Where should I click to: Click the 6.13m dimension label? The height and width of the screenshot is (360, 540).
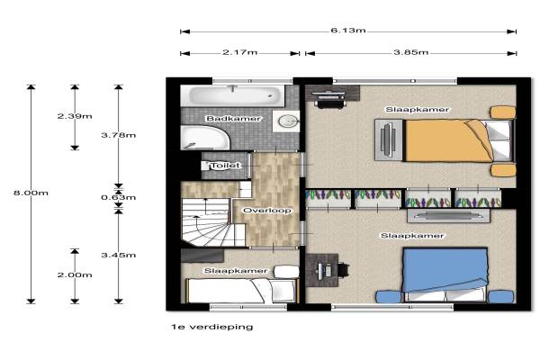click(x=347, y=31)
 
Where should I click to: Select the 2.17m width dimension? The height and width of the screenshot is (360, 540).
click(x=239, y=52)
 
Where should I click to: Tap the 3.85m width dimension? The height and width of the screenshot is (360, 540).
click(x=411, y=52)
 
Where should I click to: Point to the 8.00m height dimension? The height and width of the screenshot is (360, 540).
click(x=31, y=193)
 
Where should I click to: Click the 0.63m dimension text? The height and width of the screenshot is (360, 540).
click(x=118, y=197)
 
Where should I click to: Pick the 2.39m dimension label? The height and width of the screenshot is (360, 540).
click(x=75, y=116)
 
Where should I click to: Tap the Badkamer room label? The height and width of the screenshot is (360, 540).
click(x=233, y=119)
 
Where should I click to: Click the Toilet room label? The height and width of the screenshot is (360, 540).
click(x=226, y=166)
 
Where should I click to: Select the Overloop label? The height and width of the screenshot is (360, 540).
click(x=267, y=210)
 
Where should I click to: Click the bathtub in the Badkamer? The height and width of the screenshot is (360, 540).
click(x=232, y=95)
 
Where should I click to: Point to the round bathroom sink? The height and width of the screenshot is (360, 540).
click(x=286, y=121)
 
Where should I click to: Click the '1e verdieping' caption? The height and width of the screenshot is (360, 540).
click(x=211, y=327)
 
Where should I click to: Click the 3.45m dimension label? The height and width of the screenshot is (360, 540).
click(x=118, y=255)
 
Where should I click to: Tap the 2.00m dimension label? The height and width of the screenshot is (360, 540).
click(x=75, y=274)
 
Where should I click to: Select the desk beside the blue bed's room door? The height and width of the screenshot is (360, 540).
click(x=322, y=270)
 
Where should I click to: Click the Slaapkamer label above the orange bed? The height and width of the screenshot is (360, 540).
click(x=417, y=110)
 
